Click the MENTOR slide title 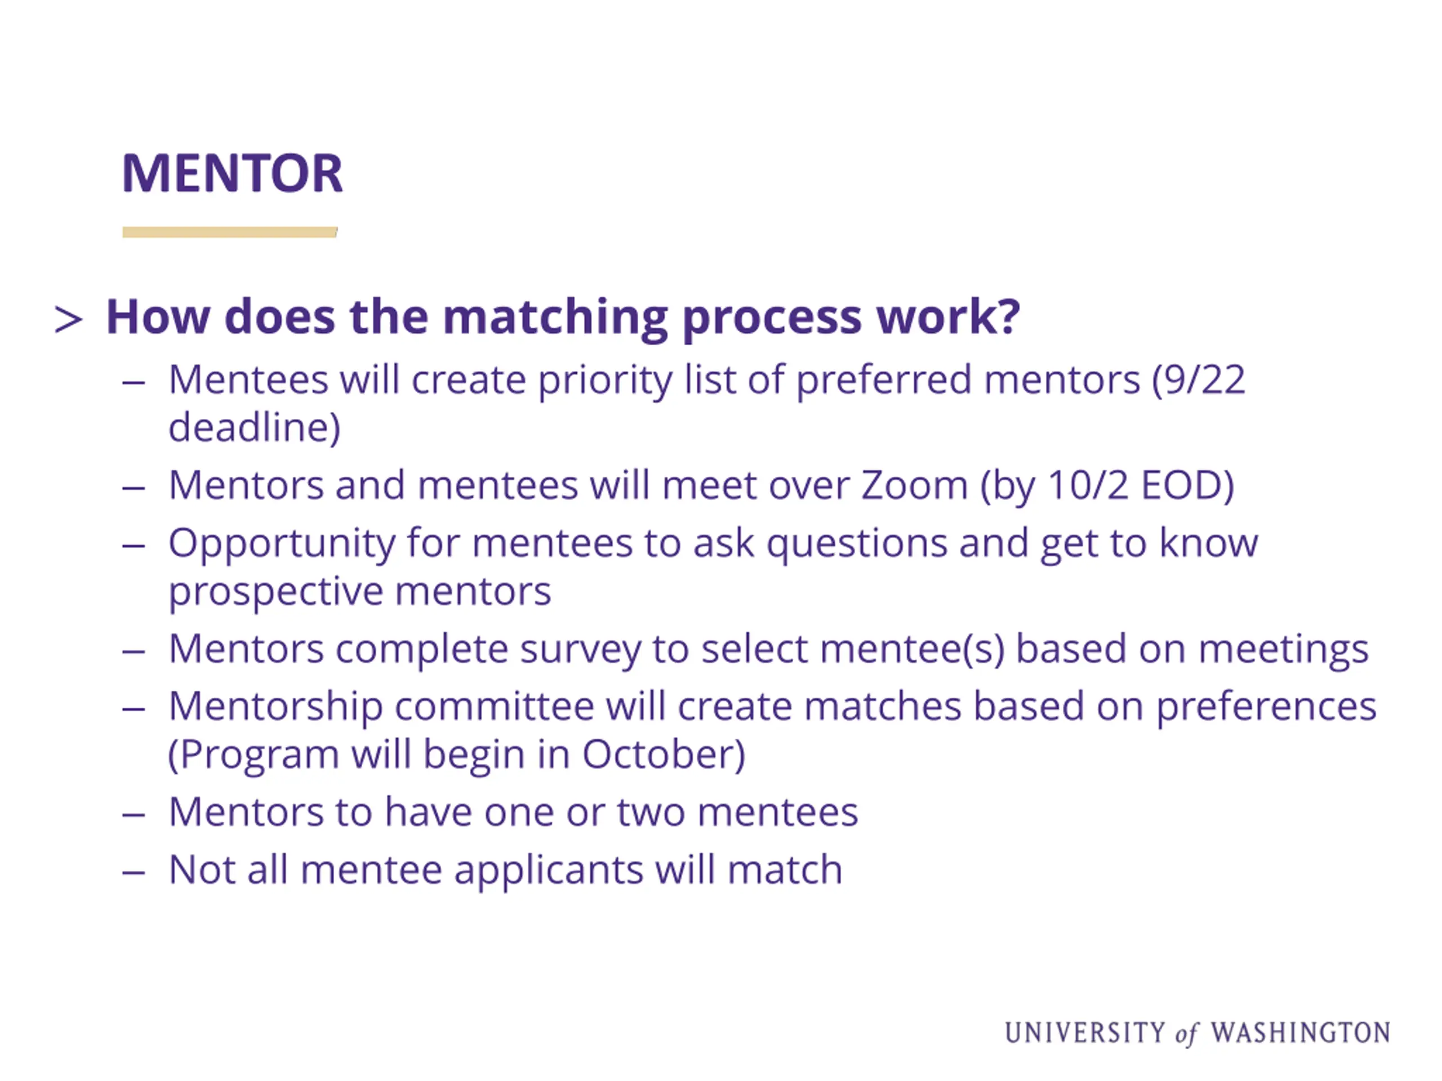pos(232,173)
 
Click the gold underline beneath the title pos(229,232)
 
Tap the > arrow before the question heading pos(69,320)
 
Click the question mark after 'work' pos(1008,315)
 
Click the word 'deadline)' pos(254,428)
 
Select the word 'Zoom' pos(914,485)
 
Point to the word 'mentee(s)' pos(912,650)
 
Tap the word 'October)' pos(664,755)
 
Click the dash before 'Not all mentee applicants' pos(133,872)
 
